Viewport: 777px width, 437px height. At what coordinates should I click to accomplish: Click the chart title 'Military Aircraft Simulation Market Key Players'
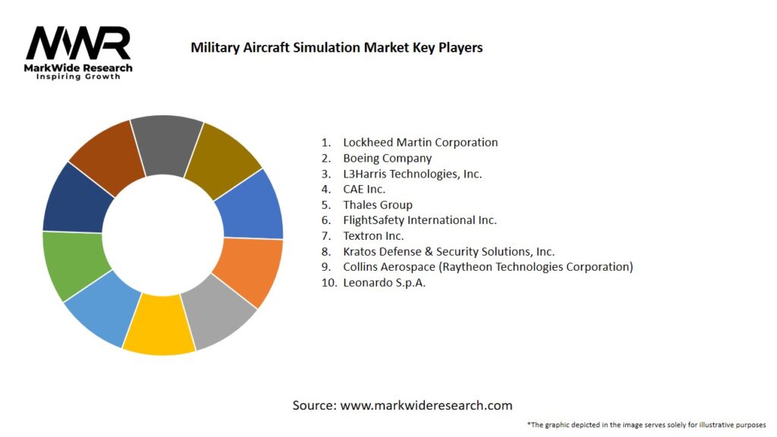pos(336,47)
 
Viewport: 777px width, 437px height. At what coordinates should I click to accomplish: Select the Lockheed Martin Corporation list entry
pos(420,143)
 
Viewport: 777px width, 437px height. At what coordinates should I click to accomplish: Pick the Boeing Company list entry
pos(387,158)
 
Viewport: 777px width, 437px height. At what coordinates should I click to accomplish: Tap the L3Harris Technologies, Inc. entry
pos(412,174)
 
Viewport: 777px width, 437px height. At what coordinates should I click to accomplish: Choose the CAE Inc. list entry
pos(364,189)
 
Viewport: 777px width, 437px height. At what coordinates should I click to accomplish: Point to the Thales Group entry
pos(377,205)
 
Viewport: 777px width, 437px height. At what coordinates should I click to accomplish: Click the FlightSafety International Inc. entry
pos(420,220)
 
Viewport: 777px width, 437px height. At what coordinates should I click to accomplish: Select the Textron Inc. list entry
pos(373,236)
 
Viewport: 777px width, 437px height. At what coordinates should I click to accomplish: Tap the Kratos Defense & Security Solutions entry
pos(448,251)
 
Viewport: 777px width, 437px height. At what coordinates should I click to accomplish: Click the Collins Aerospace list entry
pos(487,267)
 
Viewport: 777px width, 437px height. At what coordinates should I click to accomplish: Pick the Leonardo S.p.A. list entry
pos(384,282)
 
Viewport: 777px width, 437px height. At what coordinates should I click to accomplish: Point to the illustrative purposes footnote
pos(646,424)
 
